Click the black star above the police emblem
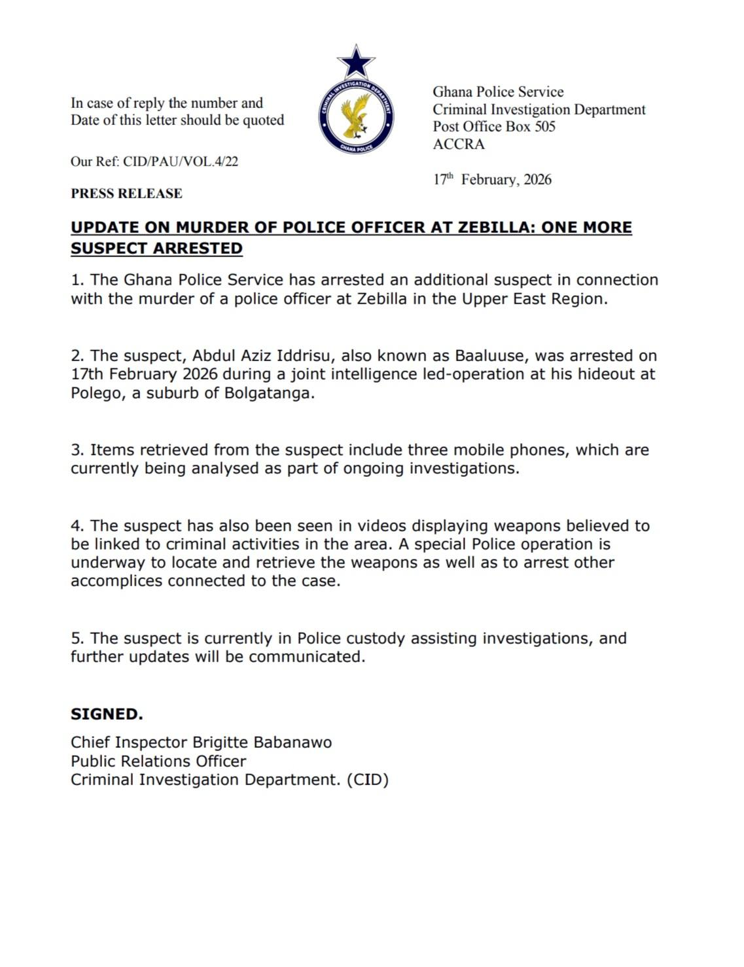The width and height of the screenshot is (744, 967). [x=356, y=63]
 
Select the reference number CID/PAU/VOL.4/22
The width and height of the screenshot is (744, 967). [x=181, y=162]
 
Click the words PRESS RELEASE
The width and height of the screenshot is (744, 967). [x=126, y=194]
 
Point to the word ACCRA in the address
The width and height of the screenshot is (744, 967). [x=459, y=144]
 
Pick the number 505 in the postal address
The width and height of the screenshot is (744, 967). [x=544, y=127]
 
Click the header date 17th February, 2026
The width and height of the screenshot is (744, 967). [x=492, y=179]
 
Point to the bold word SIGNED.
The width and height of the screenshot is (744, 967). [x=107, y=714]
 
